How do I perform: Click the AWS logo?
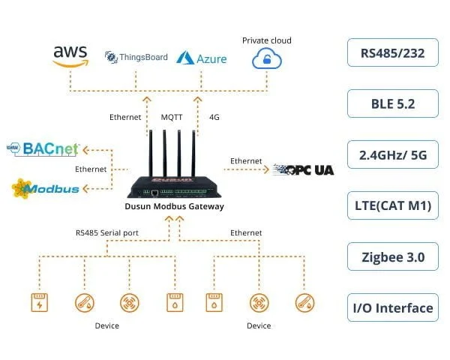tap(70, 56)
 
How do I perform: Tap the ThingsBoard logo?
tap(136, 57)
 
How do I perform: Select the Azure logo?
tap(201, 58)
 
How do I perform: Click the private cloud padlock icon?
tap(267, 58)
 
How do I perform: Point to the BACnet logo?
tap(43, 149)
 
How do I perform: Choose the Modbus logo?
tap(45, 188)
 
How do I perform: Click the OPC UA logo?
tap(303, 169)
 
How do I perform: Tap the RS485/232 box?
tap(393, 52)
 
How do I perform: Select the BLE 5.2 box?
tap(393, 103)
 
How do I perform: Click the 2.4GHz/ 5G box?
tap(393, 154)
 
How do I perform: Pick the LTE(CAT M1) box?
tap(393, 205)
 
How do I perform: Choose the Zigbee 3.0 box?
tap(393, 256)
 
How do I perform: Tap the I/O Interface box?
tap(393, 307)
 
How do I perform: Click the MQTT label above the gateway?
tap(172, 117)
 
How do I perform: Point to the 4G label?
tap(214, 117)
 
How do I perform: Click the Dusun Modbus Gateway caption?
tap(175, 206)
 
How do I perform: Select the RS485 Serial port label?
tap(107, 232)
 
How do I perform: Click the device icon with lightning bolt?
tap(40, 302)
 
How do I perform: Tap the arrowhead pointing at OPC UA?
tap(266, 169)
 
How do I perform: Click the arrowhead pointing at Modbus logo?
tap(85, 188)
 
